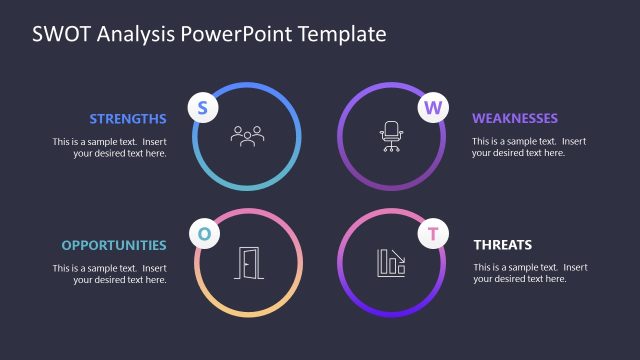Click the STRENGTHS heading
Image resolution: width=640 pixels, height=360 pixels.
point(128,118)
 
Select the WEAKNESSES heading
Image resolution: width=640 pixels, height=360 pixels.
point(515,118)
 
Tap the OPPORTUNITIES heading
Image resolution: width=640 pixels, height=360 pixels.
point(114,245)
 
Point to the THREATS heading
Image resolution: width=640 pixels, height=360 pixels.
point(502,245)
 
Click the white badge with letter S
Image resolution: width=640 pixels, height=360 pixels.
point(202,108)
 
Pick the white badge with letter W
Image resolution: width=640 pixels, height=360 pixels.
point(432,108)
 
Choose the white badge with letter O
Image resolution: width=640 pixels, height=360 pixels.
point(204,234)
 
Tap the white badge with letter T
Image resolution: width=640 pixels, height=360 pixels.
point(432,235)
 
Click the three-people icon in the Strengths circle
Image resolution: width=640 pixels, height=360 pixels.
point(247,135)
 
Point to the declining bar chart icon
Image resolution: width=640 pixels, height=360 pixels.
point(391,263)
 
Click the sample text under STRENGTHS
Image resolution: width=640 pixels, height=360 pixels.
point(110,147)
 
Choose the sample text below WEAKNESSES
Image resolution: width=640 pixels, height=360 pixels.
point(530,147)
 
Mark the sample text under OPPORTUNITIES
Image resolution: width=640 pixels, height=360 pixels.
point(110,274)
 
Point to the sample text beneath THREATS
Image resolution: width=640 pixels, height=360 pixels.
point(530,273)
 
